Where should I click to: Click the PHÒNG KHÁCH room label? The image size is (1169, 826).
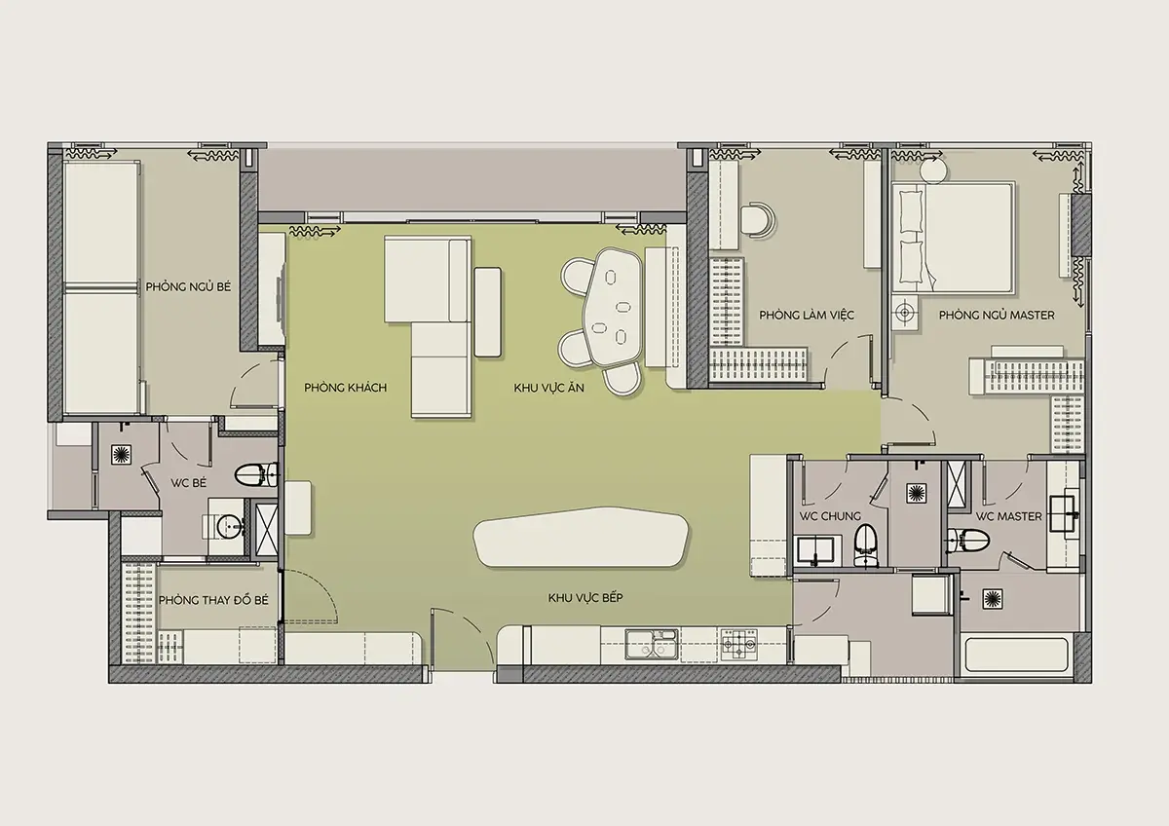coord(346,388)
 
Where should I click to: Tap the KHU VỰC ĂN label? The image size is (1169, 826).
coord(549,388)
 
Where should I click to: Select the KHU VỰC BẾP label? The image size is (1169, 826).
coord(585,597)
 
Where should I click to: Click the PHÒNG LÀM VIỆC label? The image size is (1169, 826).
coord(807,316)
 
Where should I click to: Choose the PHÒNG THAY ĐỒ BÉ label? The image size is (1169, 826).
coord(213,600)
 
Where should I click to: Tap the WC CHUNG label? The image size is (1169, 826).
coord(830,516)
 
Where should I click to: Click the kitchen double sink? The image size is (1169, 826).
coord(652,645)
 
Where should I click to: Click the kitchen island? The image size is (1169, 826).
coord(581,538)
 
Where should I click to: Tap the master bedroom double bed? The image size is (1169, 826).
coord(954,237)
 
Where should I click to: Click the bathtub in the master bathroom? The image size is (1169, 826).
coord(1016,655)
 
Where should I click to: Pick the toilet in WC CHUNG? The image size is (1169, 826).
coord(865,545)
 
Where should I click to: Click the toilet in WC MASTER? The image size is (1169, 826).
coord(968,540)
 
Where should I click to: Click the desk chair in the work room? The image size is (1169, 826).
coord(758,221)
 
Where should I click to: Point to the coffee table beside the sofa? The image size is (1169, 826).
coord(488,312)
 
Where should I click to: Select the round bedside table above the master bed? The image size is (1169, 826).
coord(934,170)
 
